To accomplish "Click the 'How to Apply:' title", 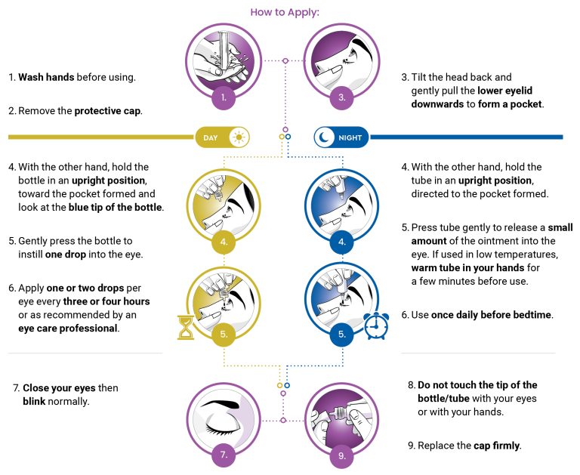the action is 285,12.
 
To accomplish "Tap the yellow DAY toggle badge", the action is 222,137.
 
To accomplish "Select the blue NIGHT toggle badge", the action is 341,137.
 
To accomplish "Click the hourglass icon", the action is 186,328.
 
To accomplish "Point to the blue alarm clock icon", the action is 376,326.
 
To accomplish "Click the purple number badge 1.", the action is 224,97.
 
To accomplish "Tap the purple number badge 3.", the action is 342,97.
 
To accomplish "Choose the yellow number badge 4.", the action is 224,242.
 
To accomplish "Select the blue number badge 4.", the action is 342,242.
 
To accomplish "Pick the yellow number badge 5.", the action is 224,335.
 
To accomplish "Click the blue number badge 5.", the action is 342,335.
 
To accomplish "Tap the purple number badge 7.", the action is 224,455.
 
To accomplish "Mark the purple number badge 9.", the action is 342,456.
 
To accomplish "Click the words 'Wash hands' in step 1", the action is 46,77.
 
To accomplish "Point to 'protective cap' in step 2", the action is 108,111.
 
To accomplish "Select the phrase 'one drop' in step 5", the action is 66,254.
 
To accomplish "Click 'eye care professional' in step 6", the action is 68,328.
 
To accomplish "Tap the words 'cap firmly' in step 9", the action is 496,446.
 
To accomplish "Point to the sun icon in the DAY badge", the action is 239,137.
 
